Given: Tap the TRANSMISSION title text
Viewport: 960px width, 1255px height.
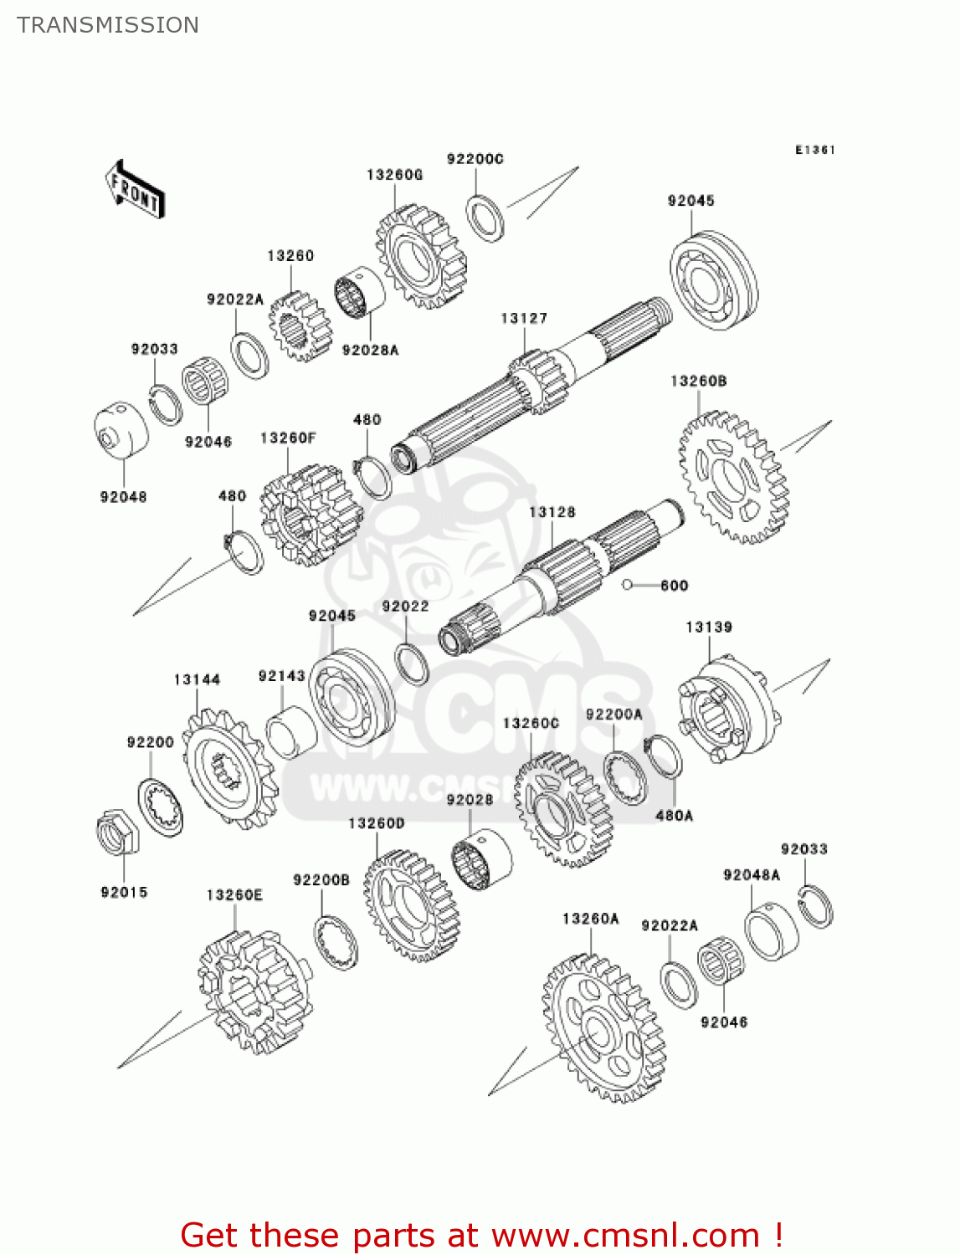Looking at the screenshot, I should point(108,25).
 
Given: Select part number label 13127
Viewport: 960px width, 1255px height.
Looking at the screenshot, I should point(524,318).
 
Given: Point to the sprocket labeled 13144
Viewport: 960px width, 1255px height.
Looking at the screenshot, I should point(228,768).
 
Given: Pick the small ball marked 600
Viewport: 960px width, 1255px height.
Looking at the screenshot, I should point(627,585).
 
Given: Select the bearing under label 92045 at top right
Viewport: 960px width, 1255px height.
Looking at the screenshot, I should point(713,279).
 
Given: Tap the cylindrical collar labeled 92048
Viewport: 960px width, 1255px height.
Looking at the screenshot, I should point(121,431).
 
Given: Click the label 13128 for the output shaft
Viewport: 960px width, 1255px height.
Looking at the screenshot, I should point(552,512).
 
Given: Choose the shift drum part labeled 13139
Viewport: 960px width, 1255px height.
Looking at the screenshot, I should point(728,709).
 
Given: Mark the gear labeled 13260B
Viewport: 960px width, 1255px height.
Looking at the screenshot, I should point(732,478).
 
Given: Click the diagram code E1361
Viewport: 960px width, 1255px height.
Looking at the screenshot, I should point(814,150).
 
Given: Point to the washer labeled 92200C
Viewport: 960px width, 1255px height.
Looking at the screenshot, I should point(485,218).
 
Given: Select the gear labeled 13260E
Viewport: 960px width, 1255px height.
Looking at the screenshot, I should point(254,991).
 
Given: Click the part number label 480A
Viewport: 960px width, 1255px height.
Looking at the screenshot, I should point(674,815).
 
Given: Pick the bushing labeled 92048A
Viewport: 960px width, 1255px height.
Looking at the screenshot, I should point(771,932).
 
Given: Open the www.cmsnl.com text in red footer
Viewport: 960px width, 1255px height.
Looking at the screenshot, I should point(625,1235).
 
